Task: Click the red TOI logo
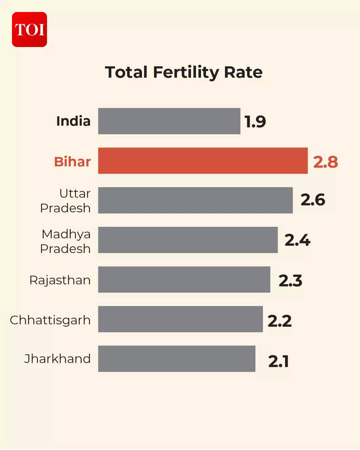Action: point(29,29)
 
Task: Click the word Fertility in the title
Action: point(186,72)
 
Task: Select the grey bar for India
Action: point(169,121)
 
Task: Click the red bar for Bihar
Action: point(203,161)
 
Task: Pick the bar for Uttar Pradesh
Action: point(195,200)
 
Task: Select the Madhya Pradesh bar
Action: point(188,240)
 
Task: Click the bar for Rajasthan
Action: point(184,279)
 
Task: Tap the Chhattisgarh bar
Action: point(180,319)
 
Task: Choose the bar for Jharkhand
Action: point(177,359)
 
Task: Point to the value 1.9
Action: point(255,122)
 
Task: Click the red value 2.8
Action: point(325,162)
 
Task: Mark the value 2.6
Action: point(313,200)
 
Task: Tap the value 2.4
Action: point(297,240)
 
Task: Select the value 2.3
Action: point(290,281)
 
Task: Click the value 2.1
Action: point(278,361)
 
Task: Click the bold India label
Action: point(73,121)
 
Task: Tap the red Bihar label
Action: point(72,162)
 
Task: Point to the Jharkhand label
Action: point(57,359)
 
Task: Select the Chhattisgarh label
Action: point(50,320)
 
